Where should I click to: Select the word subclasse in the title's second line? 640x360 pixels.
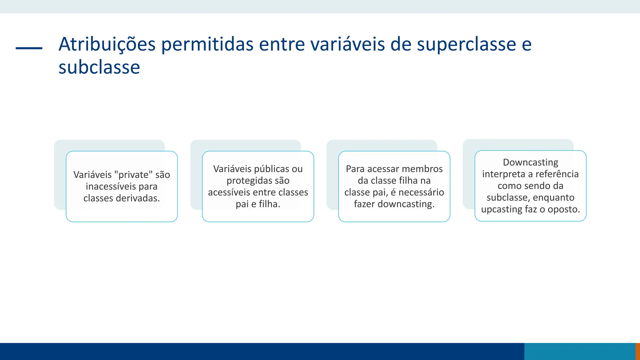99,67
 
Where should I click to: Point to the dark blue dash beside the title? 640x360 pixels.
29,48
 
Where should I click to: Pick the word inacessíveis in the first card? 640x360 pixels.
111,187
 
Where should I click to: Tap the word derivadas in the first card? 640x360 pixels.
137,198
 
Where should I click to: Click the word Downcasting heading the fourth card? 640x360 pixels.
530,162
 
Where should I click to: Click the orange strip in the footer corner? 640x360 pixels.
638,352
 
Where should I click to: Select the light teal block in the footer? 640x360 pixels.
580,352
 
